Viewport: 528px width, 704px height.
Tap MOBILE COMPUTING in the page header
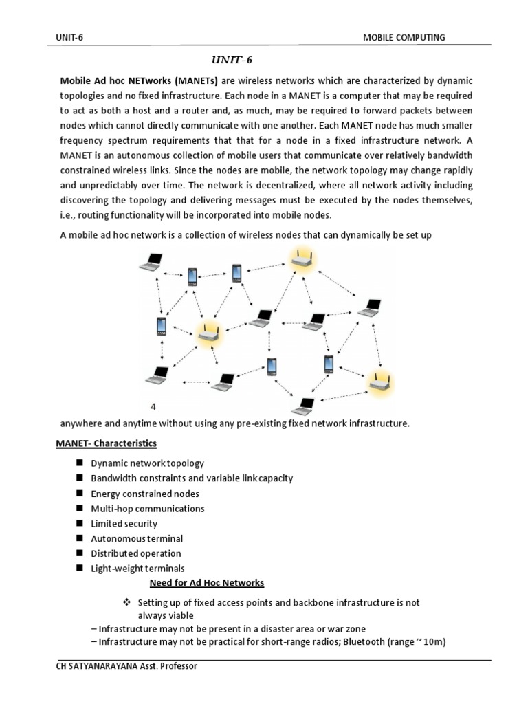pos(404,37)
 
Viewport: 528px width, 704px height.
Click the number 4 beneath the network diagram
pos(153,406)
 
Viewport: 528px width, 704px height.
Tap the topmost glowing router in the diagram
pos(300,258)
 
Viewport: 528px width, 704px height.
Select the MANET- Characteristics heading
pos(107,443)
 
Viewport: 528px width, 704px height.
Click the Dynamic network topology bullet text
pos(147,463)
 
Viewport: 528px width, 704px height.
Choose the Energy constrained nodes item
pos(145,494)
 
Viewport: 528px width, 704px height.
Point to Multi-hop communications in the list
pos(148,509)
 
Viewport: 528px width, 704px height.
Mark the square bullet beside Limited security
pos(79,523)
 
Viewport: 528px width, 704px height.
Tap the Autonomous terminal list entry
pos(137,538)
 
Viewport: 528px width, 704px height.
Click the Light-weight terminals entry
pos(137,569)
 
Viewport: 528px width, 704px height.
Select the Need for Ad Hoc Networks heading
pos(207,583)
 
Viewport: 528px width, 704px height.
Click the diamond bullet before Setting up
pos(126,602)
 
